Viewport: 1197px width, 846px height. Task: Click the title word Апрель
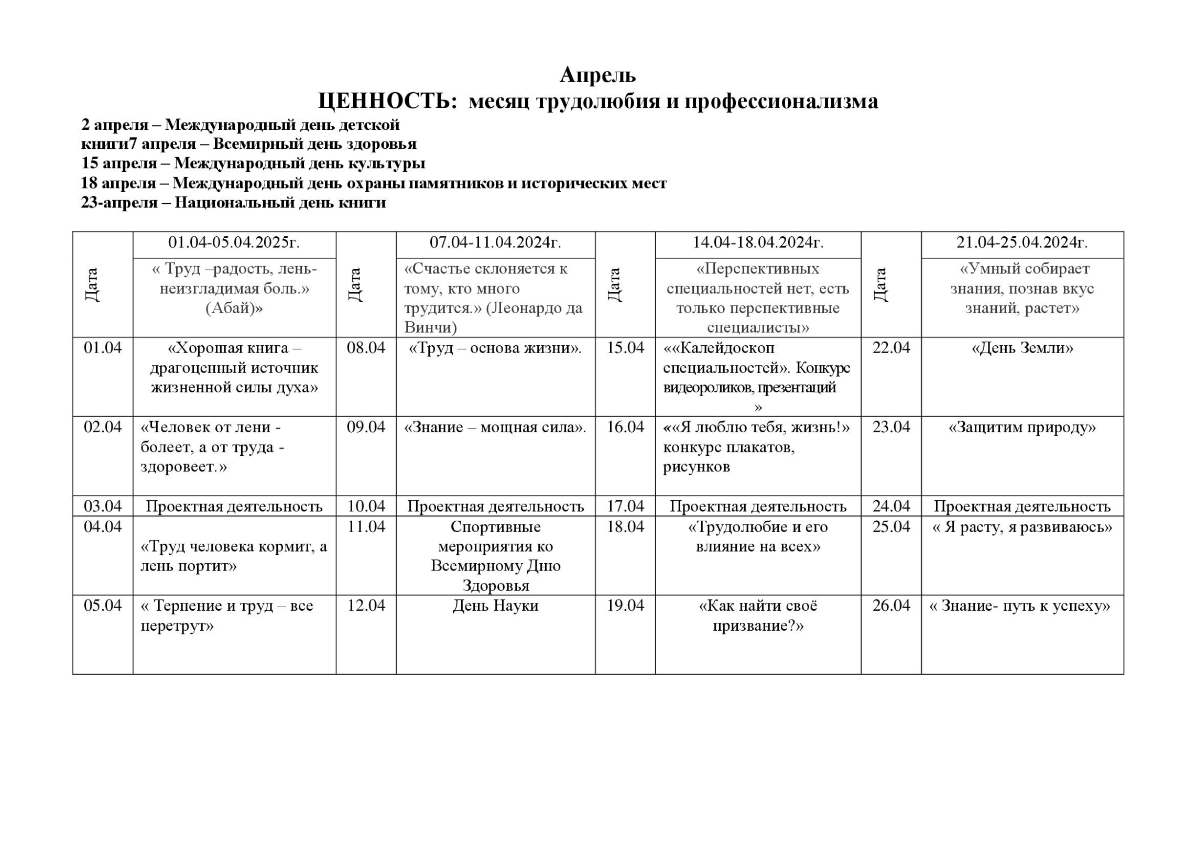coord(597,75)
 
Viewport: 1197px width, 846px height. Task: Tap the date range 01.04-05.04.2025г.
coord(234,243)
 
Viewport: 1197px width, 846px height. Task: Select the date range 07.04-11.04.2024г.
coord(495,243)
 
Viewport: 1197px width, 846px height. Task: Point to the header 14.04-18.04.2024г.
coord(758,243)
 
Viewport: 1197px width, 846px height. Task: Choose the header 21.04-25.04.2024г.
coord(1022,243)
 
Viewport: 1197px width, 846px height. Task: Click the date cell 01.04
coord(103,348)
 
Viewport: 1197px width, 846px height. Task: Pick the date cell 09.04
coord(366,427)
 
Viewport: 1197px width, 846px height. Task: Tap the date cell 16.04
coord(625,427)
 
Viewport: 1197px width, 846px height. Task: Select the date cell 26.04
coord(891,606)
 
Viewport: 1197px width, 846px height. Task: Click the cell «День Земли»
coord(1022,348)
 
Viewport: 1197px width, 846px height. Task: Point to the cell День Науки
coord(495,606)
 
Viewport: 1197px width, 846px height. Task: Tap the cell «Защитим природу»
coord(1022,427)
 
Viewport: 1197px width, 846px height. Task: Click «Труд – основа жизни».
coord(495,348)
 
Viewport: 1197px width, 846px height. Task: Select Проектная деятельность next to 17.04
coord(758,507)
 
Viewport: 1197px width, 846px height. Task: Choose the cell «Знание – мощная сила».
coord(495,427)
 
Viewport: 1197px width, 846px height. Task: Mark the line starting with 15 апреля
coord(253,163)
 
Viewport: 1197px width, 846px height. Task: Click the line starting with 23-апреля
coord(233,203)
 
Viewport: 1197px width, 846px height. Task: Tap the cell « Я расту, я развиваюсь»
coord(1022,527)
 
